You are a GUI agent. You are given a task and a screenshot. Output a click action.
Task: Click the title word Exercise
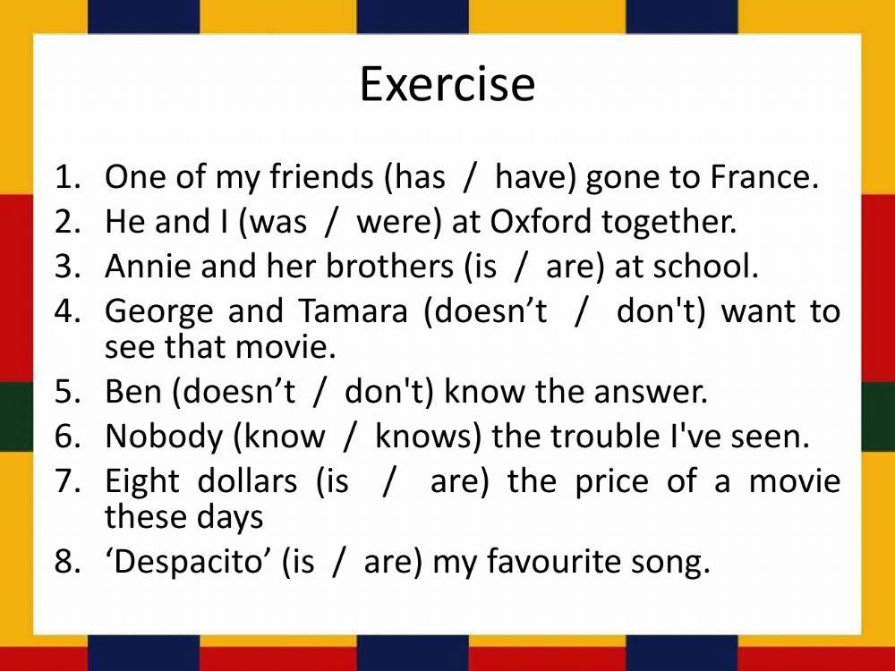point(447,84)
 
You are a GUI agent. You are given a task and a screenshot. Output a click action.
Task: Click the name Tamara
point(353,310)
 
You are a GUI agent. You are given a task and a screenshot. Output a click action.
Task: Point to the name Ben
point(133,391)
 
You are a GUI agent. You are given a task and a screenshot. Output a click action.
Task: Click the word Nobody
point(164,437)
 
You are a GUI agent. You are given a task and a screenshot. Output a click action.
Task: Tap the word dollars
point(247,480)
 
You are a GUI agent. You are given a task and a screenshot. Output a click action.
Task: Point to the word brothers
point(389,266)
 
